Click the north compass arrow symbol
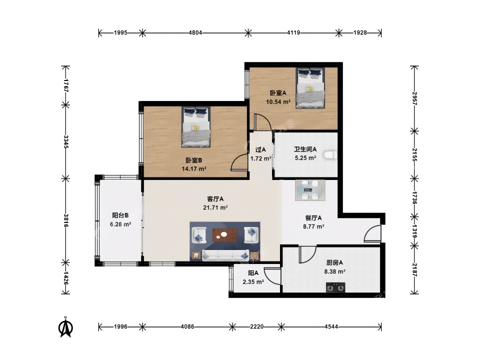65,327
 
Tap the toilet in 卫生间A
330,155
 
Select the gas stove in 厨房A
335,287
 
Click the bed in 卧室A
310,88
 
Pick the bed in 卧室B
196,126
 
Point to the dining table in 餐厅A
310,190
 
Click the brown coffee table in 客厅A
224,235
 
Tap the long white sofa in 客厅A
225,254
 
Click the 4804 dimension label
195,32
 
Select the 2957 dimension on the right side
414,98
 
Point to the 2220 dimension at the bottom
256,326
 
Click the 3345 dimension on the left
65,141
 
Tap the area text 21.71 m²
215,207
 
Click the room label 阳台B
120,215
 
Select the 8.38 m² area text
335,271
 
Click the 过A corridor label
260,149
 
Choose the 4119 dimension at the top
293,32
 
